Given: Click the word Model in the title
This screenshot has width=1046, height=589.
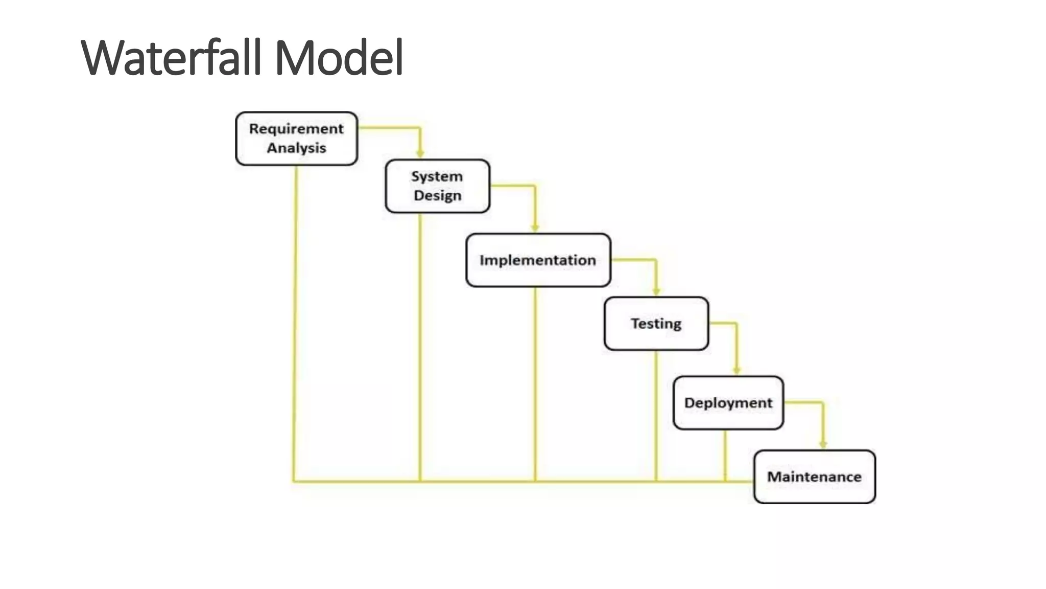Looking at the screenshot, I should (x=339, y=58).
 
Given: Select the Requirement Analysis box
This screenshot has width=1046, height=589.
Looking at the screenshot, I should (x=296, y=139).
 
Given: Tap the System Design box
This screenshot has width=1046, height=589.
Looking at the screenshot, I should (x=438, y=186).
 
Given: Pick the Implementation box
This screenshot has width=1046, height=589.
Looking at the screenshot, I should (x=538, y=260).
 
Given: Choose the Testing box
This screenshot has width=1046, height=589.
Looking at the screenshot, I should (x=656, y=324).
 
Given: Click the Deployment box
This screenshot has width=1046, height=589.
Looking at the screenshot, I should (x=728, y=403).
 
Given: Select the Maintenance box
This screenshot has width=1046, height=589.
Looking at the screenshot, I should (x=814, y=477).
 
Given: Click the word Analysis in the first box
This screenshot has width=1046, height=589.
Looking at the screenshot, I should (x=296, y=148).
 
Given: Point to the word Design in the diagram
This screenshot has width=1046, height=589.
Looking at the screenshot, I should (x=438, y=196).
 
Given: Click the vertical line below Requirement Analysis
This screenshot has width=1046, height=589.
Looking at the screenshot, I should (x=295, y=322).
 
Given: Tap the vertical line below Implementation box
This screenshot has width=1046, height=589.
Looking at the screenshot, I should (x=535, y=383).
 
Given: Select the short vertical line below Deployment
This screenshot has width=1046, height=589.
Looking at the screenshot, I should (x=725, y=455).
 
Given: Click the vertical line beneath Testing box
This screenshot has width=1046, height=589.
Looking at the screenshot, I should (x=656, y=414).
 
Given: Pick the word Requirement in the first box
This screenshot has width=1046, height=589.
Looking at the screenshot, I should (x=296, y=129).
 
